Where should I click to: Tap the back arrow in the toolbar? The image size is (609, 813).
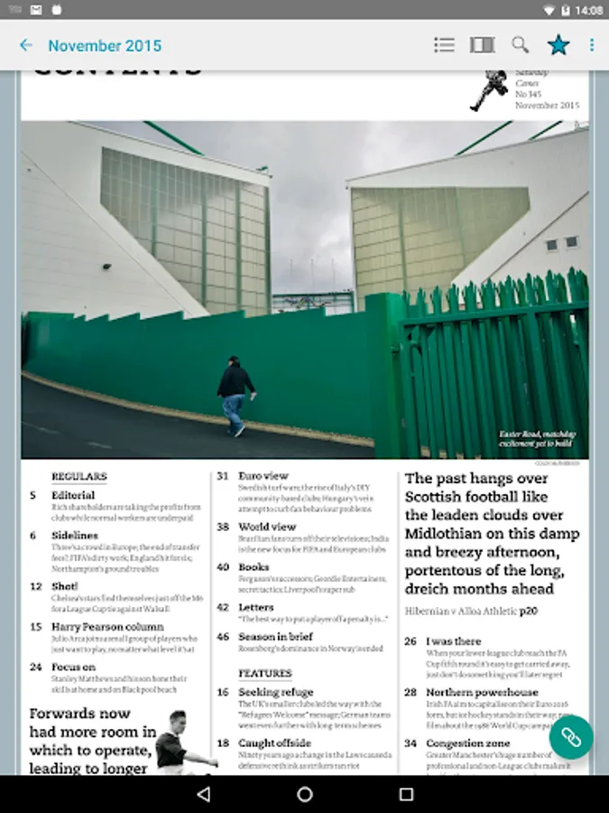(x=26, y=45)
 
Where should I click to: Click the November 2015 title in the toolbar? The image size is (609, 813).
(x=105, y=45)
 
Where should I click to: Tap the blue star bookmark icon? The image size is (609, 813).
(x=558, y=45)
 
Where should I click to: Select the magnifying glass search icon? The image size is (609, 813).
(x=521, y=45)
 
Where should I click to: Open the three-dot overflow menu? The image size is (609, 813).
(x=592, y=45)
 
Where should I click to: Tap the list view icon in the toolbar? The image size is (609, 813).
(x=444, y=45)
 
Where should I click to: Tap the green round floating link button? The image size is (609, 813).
(x=570, y=737)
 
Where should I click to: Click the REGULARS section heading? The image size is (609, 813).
(x=78, y=476)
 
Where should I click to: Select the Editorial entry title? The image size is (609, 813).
(x=73, y=495)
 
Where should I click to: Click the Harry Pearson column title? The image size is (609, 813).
(x=107, y=626)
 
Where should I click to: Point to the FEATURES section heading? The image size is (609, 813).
(x=265, y=673)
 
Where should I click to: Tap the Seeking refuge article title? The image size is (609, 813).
(x=276, y=692)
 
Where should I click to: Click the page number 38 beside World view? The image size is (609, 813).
(x=223, y=527)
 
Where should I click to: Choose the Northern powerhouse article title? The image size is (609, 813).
(x=483, y=692)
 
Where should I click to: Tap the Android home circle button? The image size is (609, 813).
(x=305, y=794)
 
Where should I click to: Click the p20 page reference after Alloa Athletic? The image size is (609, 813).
(x=529, y=612)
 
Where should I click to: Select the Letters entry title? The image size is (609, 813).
(x=256, y=607)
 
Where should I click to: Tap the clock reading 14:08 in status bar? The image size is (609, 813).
(x=588, y=10)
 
